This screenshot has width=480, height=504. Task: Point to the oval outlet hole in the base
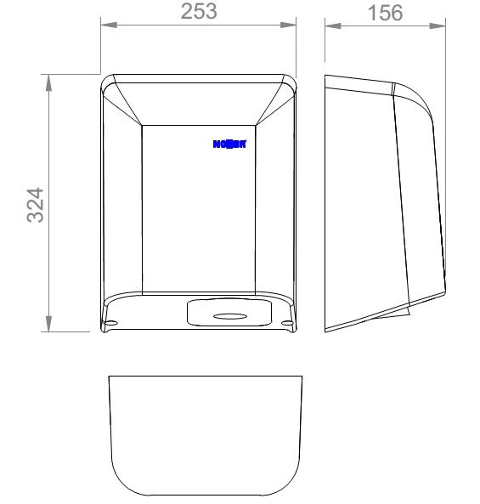coord(227,317)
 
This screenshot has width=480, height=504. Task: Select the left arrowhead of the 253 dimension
coord(108,24)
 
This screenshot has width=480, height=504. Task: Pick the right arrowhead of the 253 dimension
coord(295,24)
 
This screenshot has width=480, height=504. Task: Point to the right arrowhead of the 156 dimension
coord(441,24)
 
